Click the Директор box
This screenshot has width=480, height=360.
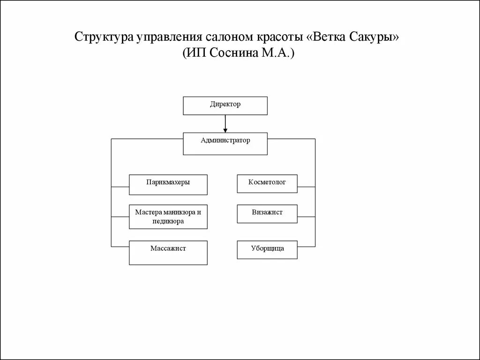[x=225, y=105]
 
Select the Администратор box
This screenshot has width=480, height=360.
[x=225, y=143]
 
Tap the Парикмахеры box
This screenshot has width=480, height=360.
[x=168, y=185]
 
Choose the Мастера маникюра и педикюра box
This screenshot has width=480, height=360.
[x=168, y=217]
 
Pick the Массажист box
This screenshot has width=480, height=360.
[x=168, y=252]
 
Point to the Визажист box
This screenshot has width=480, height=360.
[x=268, y=213]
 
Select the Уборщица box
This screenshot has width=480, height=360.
[x=268, y=249]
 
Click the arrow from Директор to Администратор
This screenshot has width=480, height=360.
[x=225, y=124]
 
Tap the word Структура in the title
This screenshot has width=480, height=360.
[x=103, y=37]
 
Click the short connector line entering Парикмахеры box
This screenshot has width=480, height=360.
[x=120, y=187]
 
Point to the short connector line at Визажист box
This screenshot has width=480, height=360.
[x=307, y=217]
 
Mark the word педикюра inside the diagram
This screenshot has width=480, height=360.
[x=168, y=221]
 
